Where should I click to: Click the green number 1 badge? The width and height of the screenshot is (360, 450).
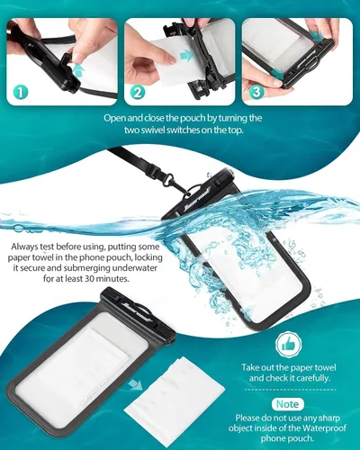[20, 90]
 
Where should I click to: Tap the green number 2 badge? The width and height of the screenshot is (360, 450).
[137, 90]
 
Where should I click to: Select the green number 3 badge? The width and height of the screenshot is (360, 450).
[255, 90]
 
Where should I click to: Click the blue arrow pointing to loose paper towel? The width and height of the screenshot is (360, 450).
[135, 384]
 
